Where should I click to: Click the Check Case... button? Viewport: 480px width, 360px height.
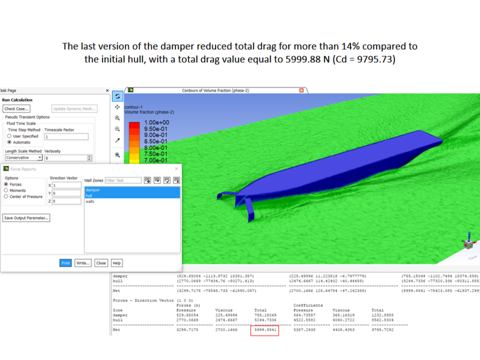(16, 109)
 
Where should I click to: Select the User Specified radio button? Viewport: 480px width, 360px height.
(9, 136)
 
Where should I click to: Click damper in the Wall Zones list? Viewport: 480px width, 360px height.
(93, 190)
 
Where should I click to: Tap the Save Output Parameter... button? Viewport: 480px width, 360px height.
(26, 218)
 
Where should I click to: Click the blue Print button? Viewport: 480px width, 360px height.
(66, 263)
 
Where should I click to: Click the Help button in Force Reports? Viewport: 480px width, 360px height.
(116, 263)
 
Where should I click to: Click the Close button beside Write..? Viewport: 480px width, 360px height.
(101, 263)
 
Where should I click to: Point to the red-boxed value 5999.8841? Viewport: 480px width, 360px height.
(264, 330)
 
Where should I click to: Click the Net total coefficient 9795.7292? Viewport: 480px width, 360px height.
(383, 330)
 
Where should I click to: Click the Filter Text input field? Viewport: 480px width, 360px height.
(123, 181)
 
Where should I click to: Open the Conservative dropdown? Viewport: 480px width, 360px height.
(40, 158)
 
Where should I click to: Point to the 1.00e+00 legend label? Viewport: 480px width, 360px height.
(156, 123)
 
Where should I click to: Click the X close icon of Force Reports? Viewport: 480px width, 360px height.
(176, 169)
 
